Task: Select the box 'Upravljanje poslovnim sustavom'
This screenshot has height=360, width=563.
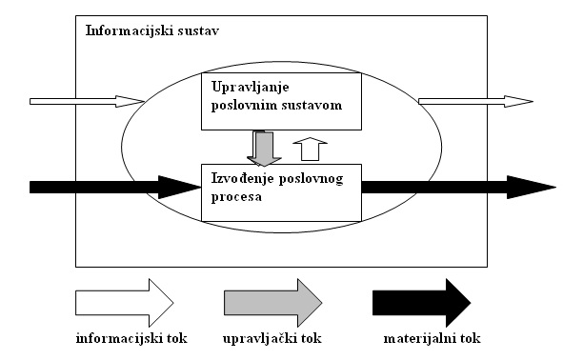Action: [281, 100]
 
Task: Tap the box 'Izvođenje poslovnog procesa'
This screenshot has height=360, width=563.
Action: [281, 192]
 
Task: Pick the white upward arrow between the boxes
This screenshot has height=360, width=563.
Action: [310, 149]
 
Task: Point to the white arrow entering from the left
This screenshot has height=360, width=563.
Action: [87, 100]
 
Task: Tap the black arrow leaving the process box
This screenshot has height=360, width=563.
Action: [457, 186]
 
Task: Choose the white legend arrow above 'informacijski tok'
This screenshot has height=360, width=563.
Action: [124, 302]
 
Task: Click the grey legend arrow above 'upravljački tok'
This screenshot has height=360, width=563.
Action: [272, 302]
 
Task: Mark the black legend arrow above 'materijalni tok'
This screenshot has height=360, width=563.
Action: [420, 302]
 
